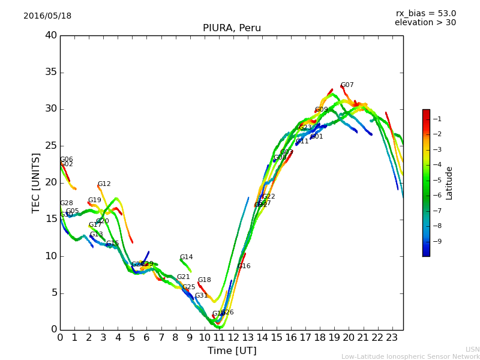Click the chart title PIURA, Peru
point(232,28)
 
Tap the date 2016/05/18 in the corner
point(47,16)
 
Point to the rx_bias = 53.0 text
point(425,14)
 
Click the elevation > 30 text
point(425,23)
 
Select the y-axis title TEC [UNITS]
point(36,182)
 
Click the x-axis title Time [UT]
point(232,351)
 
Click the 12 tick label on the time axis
point(233,337)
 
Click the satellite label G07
point(347,85)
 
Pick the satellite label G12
point(104,184)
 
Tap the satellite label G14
point(186,257)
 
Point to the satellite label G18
point(204,280)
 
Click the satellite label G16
point(244,266)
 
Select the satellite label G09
point(321,110)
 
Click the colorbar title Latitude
point(449,183)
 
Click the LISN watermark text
point(472,349)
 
